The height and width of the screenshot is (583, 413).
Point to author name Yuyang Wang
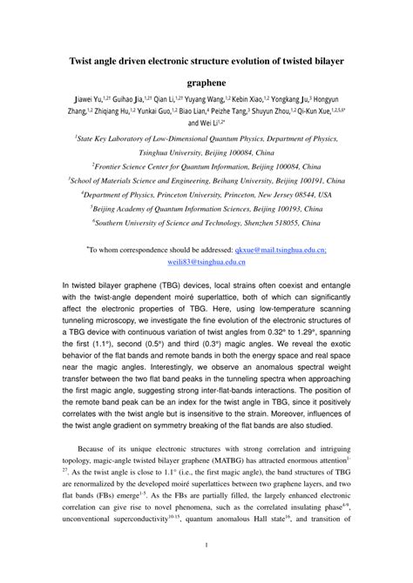coord(206,100)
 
